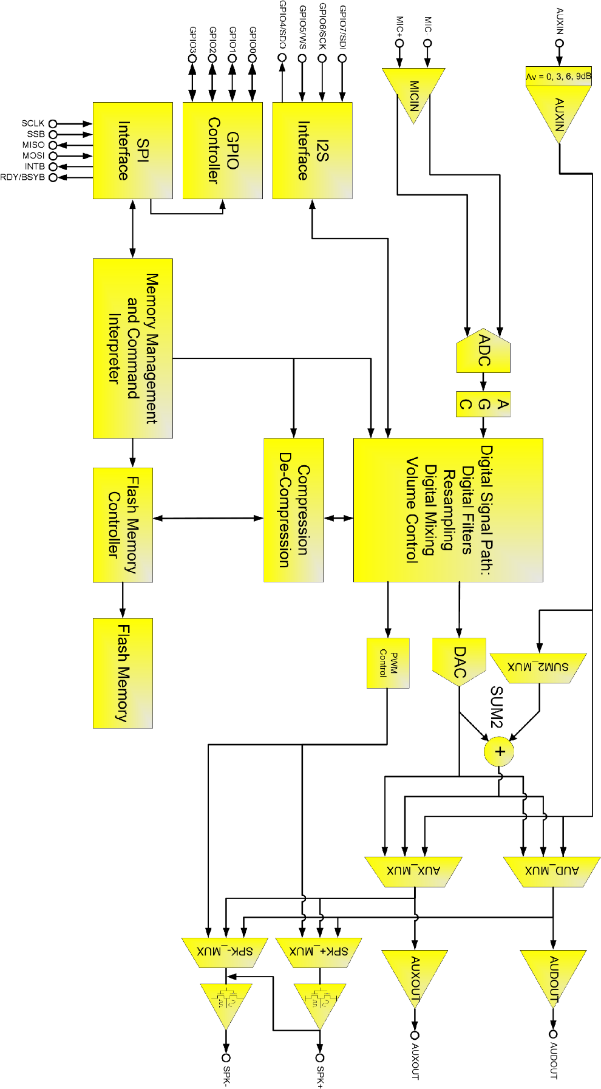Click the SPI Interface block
click(x=132, y=150)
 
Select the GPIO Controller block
click(x=222, y=150)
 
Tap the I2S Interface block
click(x=312, y=150)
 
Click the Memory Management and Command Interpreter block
click(x=132, y=348)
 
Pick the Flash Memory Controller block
click(x=123, y=525)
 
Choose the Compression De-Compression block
click(x=294, y=510)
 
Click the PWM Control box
click(x=388, y=663)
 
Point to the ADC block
click(x=483, y=352)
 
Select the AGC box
click(x=483, y=405)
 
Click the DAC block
click(x=459, y=660)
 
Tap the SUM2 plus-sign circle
click(x=499, y=751)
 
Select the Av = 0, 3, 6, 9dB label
click(x=558, y=77)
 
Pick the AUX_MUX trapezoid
click(x=413, y=871)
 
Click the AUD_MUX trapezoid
click(x=552, y=871)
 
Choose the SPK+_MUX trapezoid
click(x=319, y=951)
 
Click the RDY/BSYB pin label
click(x=22, y=177)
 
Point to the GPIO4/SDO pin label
click(x=282, y=25)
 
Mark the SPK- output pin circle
click(x=226, y=1057)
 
